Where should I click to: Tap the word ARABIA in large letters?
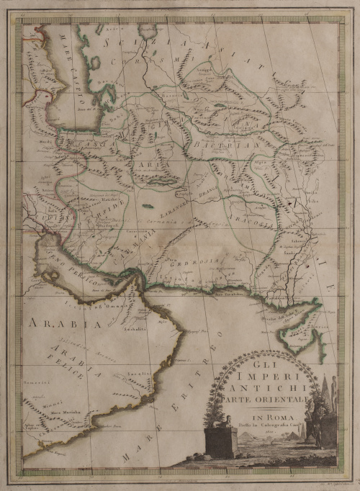[54, 325]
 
